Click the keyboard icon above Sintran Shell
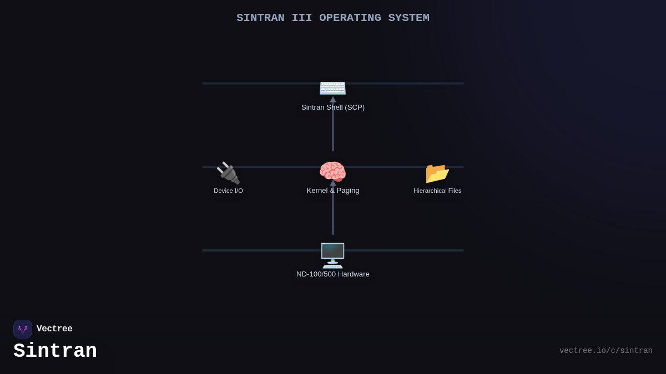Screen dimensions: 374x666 (x=332, y=88)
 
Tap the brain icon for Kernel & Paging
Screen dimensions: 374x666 (x=332, y=172)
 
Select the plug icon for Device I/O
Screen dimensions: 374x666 (x=228, y=173)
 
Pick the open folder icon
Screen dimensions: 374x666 (x=437, y=173)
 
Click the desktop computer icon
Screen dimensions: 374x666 (x=332, y=255)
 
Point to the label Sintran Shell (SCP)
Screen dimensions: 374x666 (x=332, y=107)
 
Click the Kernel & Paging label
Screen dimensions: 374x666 (x=332, y=191)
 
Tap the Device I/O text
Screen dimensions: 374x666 (x=228, y=191)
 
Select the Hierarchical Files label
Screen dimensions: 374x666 (x=437, y=191)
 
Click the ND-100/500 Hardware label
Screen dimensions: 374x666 (x=332, y=274)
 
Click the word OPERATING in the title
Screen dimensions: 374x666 (x=350, y=18)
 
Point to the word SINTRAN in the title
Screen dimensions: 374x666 (x=260, y=18)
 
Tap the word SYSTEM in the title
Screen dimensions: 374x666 (x=408, y=18)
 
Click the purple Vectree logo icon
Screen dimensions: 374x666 (x=23, y=329)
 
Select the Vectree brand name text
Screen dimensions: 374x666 (x=54, y=329)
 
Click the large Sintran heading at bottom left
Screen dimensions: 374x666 (x=55, y=351)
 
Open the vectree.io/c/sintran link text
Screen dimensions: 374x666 (x=606, y=351)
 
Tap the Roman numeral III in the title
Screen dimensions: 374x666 (x=301, y=18)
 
